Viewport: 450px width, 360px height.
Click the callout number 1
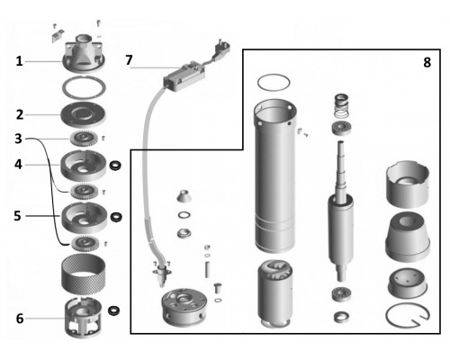19,61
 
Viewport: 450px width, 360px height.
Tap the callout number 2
20,114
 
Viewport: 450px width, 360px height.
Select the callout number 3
19,139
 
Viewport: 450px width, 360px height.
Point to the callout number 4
18,165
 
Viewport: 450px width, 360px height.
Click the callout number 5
18,216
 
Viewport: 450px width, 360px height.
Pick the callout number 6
20,319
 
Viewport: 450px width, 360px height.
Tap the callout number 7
129,60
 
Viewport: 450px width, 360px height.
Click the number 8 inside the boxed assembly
427,62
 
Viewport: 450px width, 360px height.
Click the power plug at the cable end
221,49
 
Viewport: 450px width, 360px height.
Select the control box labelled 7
184,75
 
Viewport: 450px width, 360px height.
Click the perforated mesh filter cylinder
84,274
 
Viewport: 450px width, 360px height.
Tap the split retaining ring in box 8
408,316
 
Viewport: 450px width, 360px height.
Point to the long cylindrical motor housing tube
275,175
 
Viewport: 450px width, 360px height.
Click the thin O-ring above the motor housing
274,82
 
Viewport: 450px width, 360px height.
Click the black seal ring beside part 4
115,166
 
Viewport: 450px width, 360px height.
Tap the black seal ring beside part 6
113,310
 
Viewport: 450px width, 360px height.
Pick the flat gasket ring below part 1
84,87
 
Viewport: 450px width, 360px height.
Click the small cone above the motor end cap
184,196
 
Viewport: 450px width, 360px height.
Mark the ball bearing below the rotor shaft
342,294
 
